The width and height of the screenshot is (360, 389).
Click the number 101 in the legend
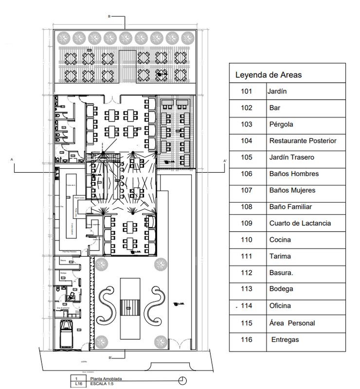click(x=247, y=91)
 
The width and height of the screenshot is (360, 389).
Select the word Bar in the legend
click(x=274, y=107)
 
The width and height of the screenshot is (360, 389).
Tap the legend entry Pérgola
click(x=281, y=124)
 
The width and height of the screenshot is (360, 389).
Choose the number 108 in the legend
click(x=247, y=207)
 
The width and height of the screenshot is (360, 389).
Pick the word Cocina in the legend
click(x=280, y=240)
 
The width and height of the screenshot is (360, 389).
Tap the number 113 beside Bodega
click(x=247, y=289)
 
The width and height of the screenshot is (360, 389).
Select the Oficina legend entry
click(x=280, y=306)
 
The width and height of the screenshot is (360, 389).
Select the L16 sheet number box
click(x=76, y=384)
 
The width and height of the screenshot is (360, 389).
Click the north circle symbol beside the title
click(x=182, y=380)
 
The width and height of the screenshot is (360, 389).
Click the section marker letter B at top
click(x=109, y=17)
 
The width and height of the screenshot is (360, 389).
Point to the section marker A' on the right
click(x=225, y=160)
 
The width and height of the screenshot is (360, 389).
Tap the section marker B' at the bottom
click(x=110, y=358)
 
